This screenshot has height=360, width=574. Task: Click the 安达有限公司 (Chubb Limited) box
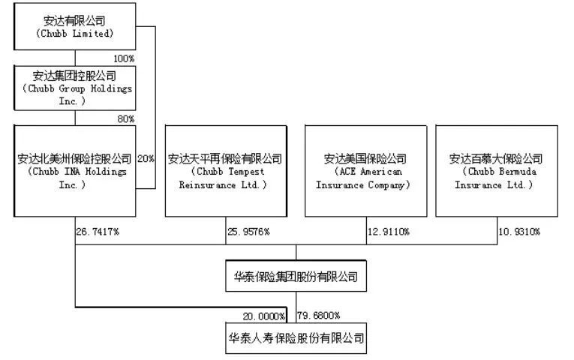click(75, 27)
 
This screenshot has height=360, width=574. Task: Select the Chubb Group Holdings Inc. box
click(75, 88)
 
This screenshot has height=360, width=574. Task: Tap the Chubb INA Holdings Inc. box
click(75, 171)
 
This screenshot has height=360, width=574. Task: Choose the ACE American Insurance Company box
click(365, 171)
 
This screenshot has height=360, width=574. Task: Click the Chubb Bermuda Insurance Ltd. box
click(496, 171)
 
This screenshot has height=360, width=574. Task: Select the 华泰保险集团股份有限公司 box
click(296, 277)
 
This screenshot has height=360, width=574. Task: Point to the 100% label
click(123, 58)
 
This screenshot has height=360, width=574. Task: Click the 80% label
click(125, 118)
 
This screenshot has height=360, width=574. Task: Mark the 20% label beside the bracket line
click(146, 159)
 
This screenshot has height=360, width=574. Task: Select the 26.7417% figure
click(98, 231)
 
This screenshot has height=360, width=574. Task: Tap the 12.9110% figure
click(389, 231)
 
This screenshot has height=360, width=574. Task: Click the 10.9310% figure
click(518, 231)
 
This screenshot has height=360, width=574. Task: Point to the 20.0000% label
click(263, 316)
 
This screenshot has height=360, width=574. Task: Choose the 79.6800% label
click(320, 316)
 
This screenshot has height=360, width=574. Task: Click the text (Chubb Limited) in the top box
click(74, 34)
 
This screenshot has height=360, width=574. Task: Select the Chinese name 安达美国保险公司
click(365, 159)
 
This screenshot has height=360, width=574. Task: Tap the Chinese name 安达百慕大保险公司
click(496, 159)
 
